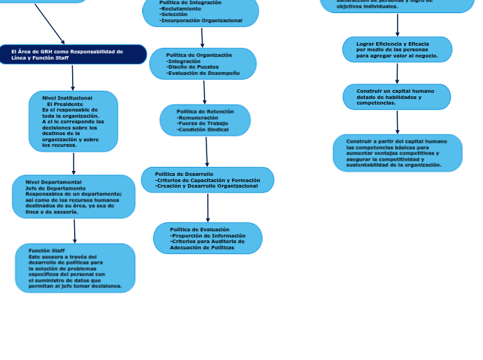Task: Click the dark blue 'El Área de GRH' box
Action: (73, 54)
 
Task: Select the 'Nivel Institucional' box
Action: (73, 121)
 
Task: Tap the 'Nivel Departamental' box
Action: (73, 197)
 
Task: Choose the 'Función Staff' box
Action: (75, 268)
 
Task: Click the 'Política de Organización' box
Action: (202, 64)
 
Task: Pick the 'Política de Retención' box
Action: (205, 120)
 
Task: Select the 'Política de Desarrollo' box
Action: (207, 180)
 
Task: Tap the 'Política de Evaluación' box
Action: (207, 238)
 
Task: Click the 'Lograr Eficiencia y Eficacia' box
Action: (397, 49)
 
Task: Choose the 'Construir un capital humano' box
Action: (396, 97)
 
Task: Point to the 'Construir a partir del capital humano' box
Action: (397, 153)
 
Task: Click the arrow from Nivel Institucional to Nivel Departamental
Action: (73, 163)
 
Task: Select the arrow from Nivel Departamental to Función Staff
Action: (75, 231)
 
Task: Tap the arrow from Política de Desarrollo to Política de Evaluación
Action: (208, 208)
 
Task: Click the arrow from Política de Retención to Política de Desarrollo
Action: (207, 152)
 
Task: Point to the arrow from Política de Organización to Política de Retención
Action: (204, 92)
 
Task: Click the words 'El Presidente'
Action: (65, 104)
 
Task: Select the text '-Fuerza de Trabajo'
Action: (202, 124)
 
